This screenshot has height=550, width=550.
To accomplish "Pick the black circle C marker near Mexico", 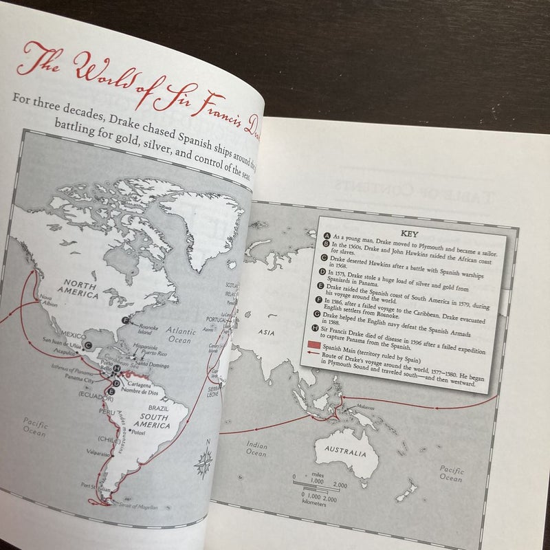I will [89, 335].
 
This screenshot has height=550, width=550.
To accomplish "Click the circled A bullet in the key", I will [327, 234].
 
